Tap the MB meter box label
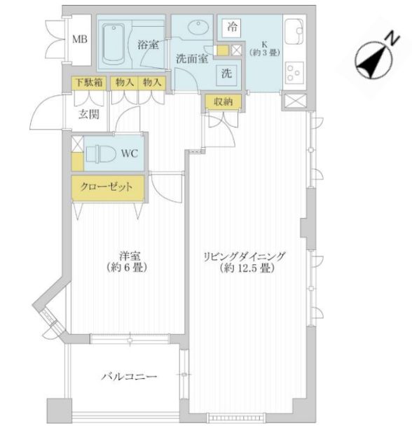pos(80,39)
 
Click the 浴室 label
pos(148,45)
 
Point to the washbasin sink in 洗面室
pos(198,30)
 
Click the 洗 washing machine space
pos(228,72)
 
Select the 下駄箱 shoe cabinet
pos(90,82)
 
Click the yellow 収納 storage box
pos(224,102)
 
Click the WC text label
pos(130,153)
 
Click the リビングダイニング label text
pos(245,256)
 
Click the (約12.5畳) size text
pos(245,269)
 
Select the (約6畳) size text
pos(127,268)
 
